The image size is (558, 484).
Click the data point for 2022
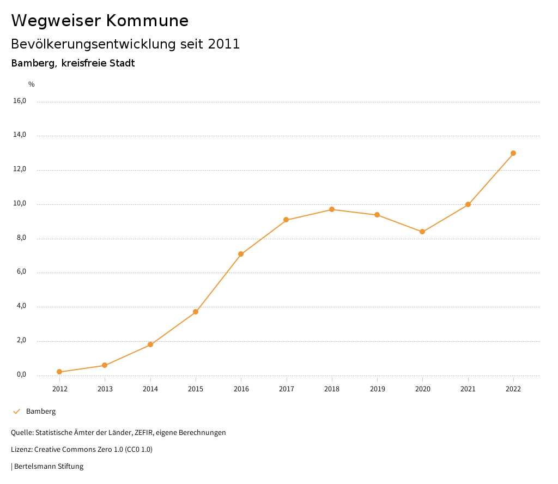[513, 153]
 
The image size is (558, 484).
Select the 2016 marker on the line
[241, 254]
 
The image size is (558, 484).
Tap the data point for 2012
[59, 372]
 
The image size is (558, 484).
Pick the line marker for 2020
[422, 232]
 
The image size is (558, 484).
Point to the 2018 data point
[331, 209]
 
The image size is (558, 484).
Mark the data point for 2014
[150, 344]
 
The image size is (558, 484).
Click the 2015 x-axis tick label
[196, 389]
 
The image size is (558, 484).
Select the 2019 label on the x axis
[377, 389]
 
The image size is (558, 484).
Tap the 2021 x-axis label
[468, 389]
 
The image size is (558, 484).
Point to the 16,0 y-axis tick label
[20, 101]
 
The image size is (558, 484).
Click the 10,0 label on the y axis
[20, 204]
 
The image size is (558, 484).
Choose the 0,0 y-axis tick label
[21, 374]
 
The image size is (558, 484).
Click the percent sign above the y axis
[32, 84]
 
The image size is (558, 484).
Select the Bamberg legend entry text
[41, 412]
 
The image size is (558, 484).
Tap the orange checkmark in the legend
[16, 412]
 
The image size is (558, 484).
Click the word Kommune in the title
[148, 21]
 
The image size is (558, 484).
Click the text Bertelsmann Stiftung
[48, 467]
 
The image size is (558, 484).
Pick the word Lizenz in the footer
[21, 450]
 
